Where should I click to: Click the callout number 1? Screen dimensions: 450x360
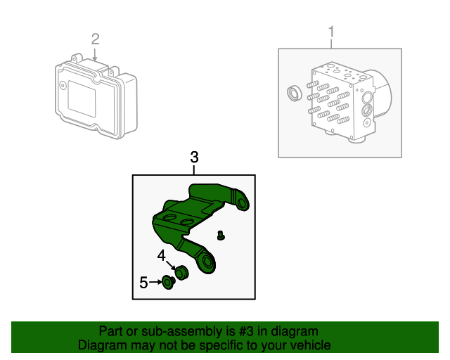(331, 32)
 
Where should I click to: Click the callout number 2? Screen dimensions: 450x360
(96, 39)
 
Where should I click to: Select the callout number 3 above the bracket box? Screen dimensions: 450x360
(194, 157)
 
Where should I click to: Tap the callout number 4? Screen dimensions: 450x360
(162, 255)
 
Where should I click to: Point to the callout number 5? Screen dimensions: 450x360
(143, 283)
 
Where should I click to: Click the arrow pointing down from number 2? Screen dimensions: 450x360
(95, 55)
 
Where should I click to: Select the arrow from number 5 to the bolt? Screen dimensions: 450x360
(155, 282)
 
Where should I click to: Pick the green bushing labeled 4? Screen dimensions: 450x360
(181, 273)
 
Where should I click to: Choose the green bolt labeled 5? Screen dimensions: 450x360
(169, 282)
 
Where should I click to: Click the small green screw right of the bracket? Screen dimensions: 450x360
(221, 236)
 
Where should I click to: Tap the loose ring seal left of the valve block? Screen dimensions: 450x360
(295, 93)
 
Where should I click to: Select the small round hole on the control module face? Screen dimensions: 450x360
(63, 85)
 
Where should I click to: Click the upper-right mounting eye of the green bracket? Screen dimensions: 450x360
(242, 202)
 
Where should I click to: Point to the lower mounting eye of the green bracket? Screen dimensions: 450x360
(207, 262)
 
